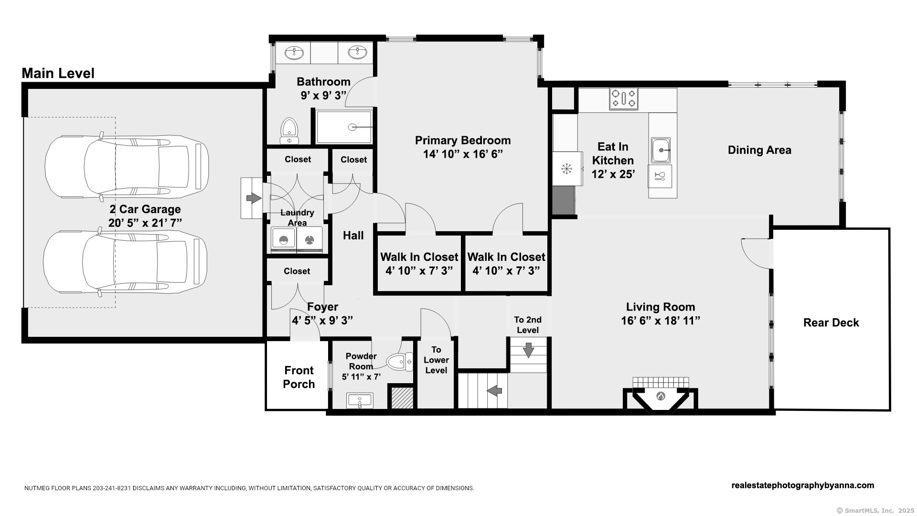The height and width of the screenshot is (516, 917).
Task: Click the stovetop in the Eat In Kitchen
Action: point(624,99)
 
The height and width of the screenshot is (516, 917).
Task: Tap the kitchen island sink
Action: point(661,150)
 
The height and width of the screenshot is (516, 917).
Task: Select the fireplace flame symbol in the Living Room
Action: point(661,396)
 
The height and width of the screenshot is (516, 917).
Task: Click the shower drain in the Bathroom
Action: point(352,127)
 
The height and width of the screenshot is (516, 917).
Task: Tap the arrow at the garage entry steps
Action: point(254,198)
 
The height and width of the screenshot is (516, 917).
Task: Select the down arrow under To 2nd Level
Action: point(528,350)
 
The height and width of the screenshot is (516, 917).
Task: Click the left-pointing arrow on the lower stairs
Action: point(494,391)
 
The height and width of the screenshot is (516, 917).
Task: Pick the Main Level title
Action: point(58,73)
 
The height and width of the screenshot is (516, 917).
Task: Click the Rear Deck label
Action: point(831,322)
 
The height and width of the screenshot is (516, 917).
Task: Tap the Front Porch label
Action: point(299,377)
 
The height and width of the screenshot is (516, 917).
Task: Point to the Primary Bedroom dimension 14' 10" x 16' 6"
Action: point(463,154)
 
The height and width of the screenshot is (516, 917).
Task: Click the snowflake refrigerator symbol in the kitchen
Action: point(566,168)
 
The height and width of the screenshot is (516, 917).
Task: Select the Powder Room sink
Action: point(360,400)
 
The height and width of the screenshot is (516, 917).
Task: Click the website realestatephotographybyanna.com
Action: point(803,485)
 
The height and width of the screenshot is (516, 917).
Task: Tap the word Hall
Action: point(353,235)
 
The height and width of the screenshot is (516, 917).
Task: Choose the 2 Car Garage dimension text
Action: point(145,223)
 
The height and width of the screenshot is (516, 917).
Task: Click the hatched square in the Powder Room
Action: point(402,398)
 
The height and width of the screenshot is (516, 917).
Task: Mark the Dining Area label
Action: point(759,150)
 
